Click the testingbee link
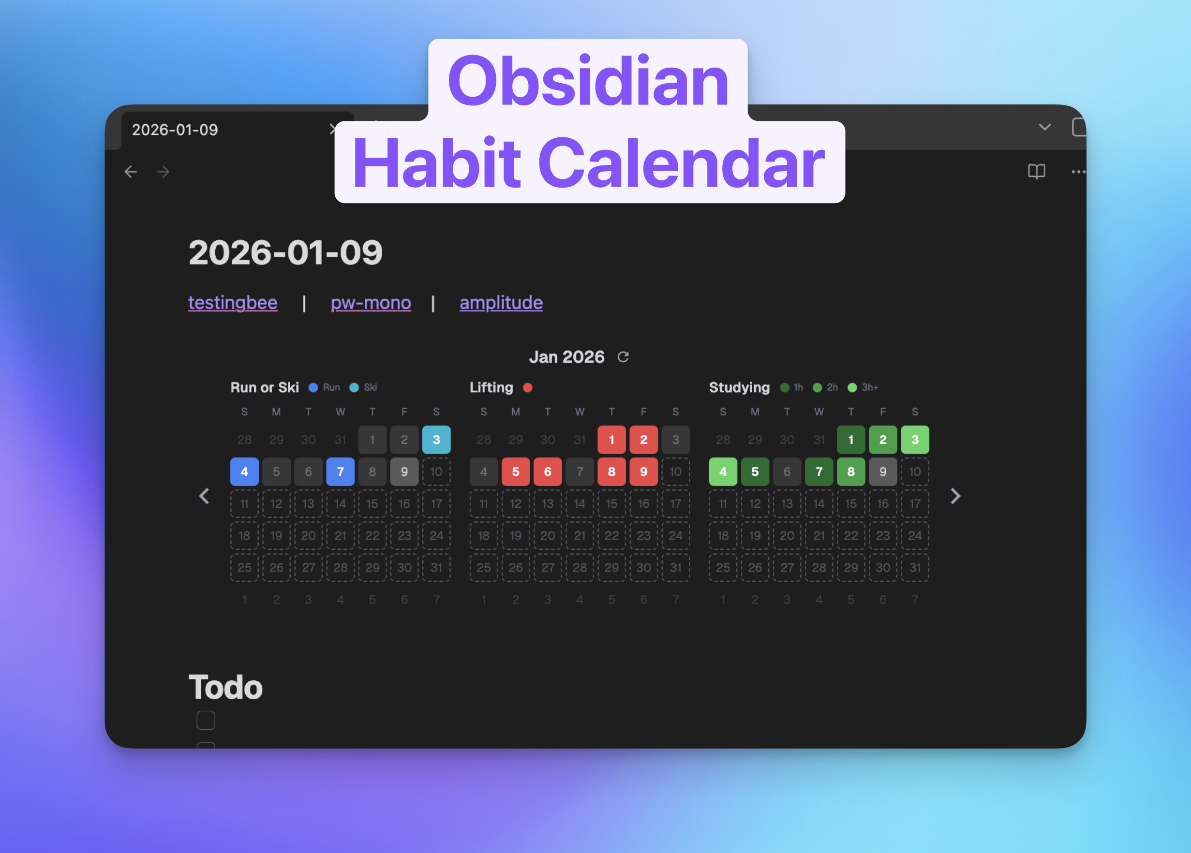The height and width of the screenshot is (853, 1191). [x=233, y=302]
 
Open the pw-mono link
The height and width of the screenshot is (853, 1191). [x=371, y=302]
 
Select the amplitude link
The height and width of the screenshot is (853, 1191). [x=501, y=302]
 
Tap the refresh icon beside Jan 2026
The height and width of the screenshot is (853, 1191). [x=624, y=357]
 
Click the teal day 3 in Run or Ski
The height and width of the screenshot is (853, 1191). [x=436, y=440]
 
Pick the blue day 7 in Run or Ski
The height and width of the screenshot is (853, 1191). [x=340, y=472]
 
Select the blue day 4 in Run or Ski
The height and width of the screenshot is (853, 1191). [x=244, y=472]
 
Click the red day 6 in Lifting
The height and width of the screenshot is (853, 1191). [x=548, y=472]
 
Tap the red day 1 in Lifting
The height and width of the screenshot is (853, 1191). [x=611, y=440]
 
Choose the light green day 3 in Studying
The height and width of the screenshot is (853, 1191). [x=915, y=440]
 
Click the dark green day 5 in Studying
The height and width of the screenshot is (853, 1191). [x=755, y=472]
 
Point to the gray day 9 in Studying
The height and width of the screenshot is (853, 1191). [x=883, y=472]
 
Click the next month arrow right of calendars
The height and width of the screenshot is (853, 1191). [x=955, y=496]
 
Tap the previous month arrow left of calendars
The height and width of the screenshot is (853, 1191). [x=204, y=496]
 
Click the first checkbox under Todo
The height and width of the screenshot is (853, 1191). [x=206, y=720]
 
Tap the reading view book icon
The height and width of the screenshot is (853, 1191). [x=1036, y=172]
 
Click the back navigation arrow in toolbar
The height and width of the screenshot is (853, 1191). [x=131, y=172]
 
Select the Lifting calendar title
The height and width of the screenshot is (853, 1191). [x=491, y=387]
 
